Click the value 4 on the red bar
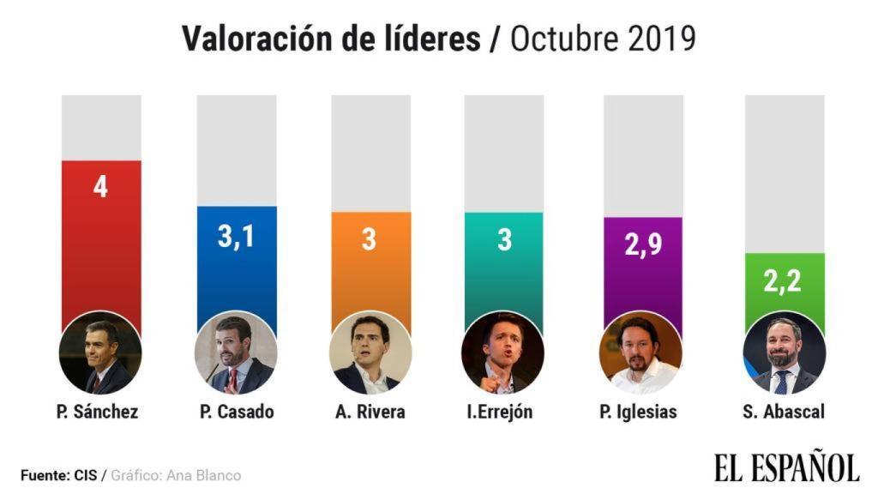coord(100,188)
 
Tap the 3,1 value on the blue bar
coord(236,235)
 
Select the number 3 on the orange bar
coord(370,239)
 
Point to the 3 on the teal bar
coord(504,239)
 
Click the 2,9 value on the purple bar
coord(643,245)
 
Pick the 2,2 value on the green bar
coord(784,280)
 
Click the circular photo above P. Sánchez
coord(100,352)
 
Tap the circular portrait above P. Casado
coord(236,352)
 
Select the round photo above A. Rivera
coord(370,352)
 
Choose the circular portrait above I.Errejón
coord(503,352)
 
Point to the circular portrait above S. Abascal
coord(784,352)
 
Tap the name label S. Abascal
coord(784,412)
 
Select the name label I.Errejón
coord(500,412)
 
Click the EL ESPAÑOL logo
coord(786,467)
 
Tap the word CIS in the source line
coord(85,475)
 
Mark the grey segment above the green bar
coord(784,172)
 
